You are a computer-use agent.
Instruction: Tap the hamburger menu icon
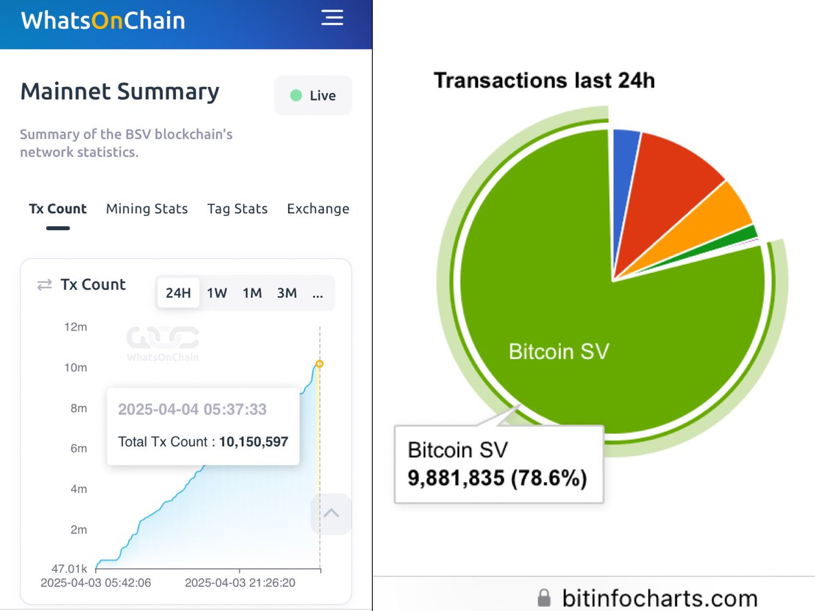332,18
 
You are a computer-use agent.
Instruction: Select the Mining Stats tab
147,209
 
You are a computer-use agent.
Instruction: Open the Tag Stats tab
237,209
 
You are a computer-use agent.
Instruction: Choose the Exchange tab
318,209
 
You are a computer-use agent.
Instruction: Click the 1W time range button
217,293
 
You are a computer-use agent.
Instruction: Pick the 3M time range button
287,293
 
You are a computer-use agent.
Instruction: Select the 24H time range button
178,293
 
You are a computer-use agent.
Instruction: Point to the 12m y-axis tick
76,327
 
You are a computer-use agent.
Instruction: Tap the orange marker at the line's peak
320,364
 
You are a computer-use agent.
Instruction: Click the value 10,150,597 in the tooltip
253,442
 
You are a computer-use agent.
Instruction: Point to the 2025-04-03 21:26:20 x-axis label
240,583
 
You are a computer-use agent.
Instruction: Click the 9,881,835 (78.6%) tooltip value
497,479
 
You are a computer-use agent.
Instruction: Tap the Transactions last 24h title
544,81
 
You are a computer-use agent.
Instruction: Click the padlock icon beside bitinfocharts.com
543,598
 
